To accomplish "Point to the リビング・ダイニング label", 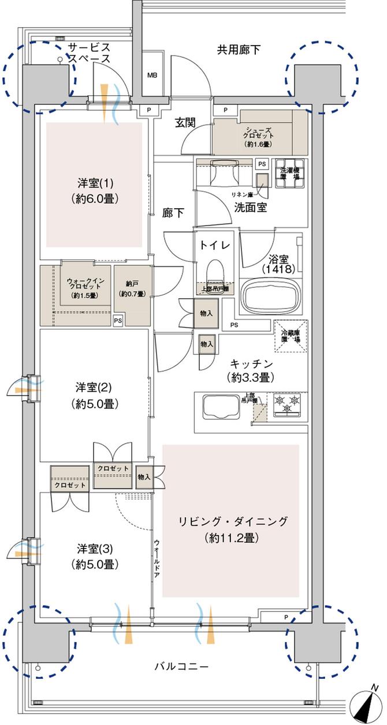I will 230,529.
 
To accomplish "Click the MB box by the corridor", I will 152,75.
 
